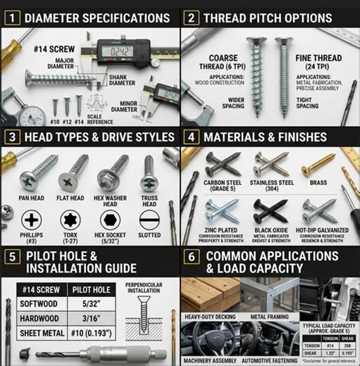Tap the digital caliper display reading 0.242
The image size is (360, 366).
pyautogui.click(x=116, y=51)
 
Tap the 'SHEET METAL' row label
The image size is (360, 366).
pyautogui.click(x=43, y=336)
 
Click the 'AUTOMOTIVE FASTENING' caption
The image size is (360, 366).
pyautogui.click(x=271, y=359)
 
